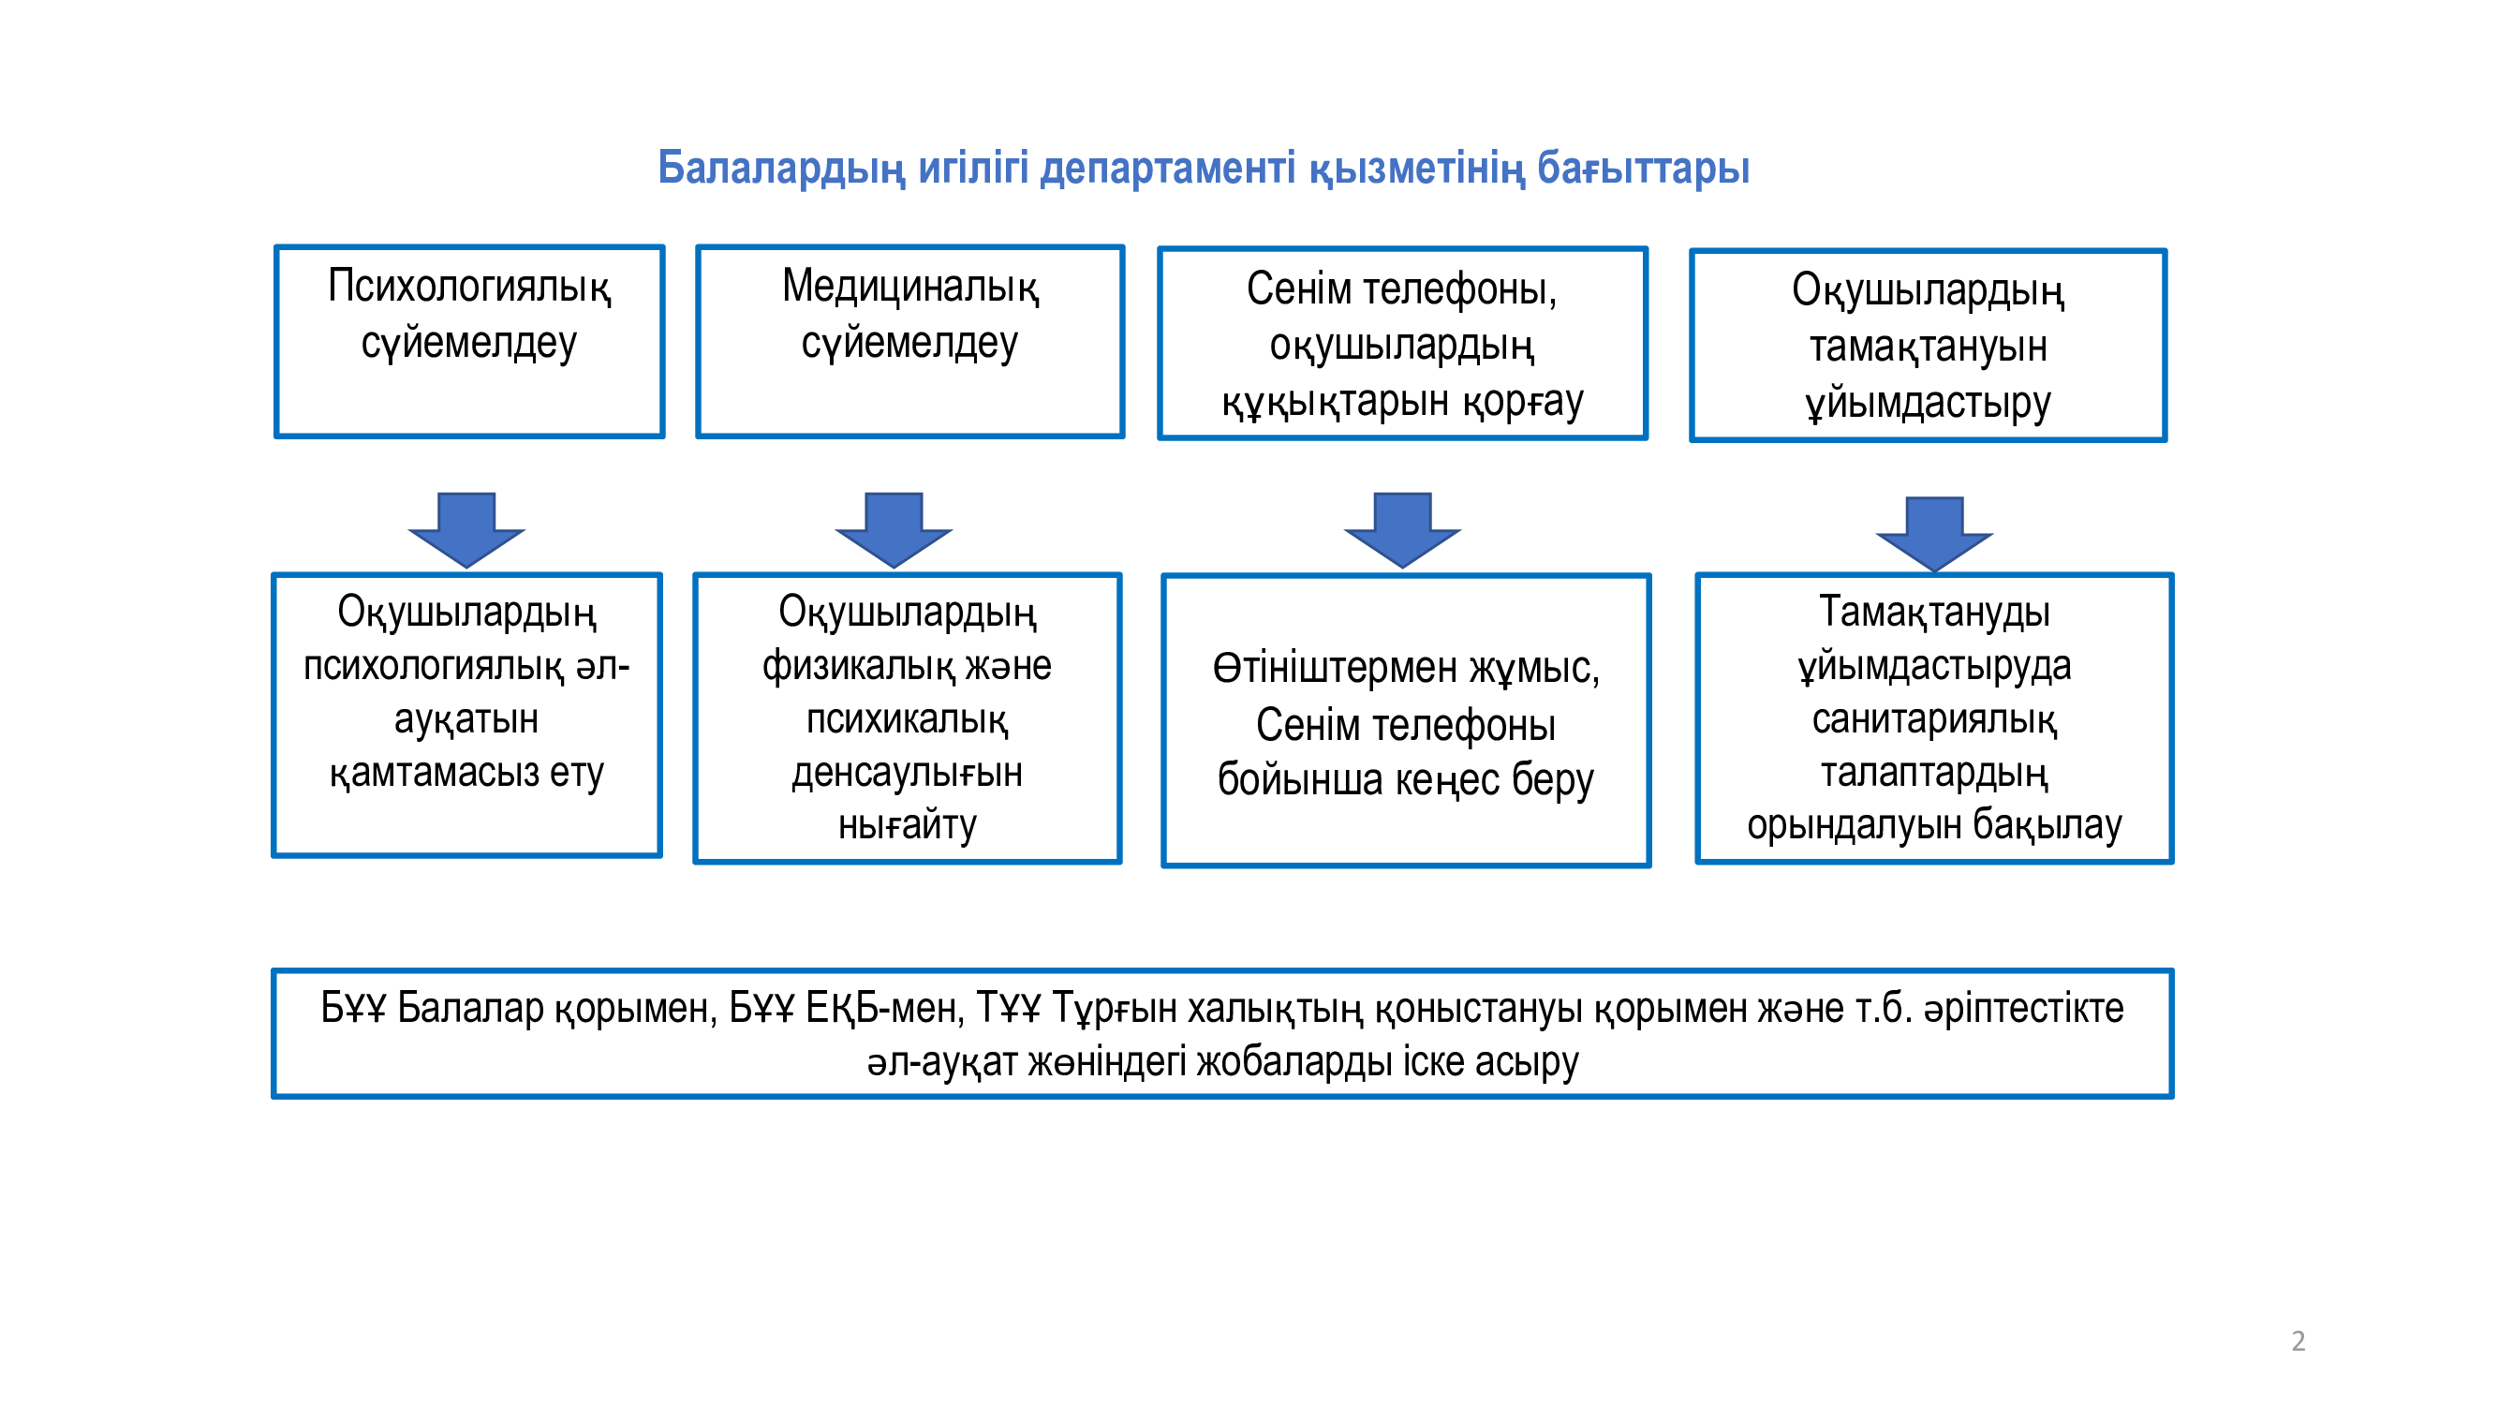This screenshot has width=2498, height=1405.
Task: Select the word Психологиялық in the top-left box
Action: pos(469,287)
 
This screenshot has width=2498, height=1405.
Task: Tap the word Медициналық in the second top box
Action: pos(910,287)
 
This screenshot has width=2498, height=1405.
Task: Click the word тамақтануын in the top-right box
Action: pos(1929,347)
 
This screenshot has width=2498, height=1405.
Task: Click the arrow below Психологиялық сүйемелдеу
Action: pos(466,529)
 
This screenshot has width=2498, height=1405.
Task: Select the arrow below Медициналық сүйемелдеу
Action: pos(894,529)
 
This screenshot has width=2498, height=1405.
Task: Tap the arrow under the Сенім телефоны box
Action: pos(1402,529)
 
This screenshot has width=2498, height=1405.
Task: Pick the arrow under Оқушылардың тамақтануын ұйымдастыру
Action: pos(1934,534)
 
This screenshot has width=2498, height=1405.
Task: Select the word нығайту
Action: pos(908,825)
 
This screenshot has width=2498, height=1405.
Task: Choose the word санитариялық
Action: pos(1934,719)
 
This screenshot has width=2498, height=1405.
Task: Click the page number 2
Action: pos(2298,1341)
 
